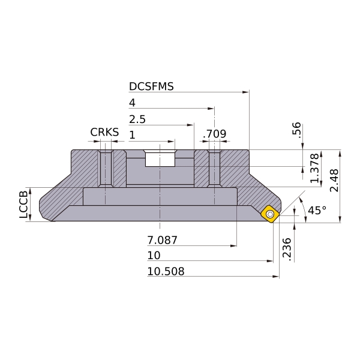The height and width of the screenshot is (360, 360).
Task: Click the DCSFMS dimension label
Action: pos(151,86)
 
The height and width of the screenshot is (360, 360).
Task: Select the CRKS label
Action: pos(104,132)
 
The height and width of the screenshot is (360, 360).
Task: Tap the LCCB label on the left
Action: pos(23,205)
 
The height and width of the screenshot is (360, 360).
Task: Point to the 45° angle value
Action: pos(317,211)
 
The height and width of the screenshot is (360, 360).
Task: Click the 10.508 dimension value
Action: pos(166,271)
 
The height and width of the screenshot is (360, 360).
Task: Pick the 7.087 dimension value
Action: pos(163,241)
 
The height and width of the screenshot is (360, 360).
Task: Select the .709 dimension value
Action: pos(215,134)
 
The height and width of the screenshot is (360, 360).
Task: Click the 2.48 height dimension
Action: pos(334,181)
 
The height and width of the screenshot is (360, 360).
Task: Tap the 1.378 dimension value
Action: pos(315,168)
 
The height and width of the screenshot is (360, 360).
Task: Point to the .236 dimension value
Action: pos(287,250)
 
